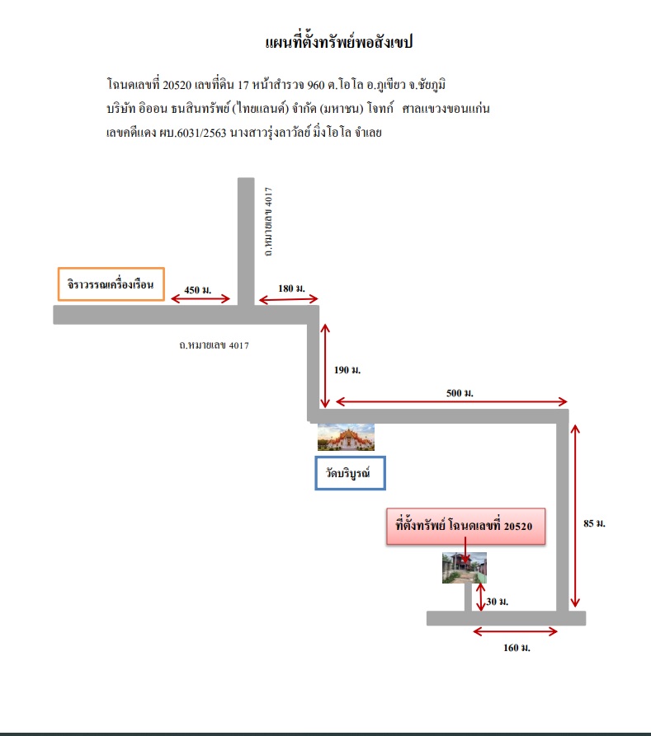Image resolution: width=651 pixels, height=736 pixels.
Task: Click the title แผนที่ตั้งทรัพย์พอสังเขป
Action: coord(339,42)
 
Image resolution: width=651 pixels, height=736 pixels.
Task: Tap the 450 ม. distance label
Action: coord(198,289)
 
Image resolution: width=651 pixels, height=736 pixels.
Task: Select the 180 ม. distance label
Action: coord(291,288)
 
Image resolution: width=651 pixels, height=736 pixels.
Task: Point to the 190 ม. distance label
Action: coord(347,370)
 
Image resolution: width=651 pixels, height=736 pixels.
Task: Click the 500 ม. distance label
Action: coord(460,393)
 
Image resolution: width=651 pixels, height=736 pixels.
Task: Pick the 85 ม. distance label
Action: coord(594,523)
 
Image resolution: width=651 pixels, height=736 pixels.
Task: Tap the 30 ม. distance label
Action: coord(498,602)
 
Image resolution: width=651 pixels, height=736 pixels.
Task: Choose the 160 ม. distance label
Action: coord(517,648)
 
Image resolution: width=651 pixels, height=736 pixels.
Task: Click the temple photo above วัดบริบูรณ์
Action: coord(346,437)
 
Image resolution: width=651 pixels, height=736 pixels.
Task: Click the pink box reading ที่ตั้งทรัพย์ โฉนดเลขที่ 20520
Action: coord(466,526)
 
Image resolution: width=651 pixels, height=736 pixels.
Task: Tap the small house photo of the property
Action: coord(465,568)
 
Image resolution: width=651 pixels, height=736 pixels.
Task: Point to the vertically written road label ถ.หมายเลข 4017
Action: coord(268,222)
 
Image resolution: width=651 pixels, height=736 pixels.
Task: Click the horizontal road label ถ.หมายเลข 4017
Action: coord(214,345)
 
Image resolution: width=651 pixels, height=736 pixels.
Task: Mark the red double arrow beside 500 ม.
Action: coord(451,401)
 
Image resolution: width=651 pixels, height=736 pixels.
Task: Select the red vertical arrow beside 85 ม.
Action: coord(575,516)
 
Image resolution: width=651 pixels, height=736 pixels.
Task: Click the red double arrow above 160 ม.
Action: coord(515,632)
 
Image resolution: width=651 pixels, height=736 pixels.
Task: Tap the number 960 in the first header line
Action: coord(316,85)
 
